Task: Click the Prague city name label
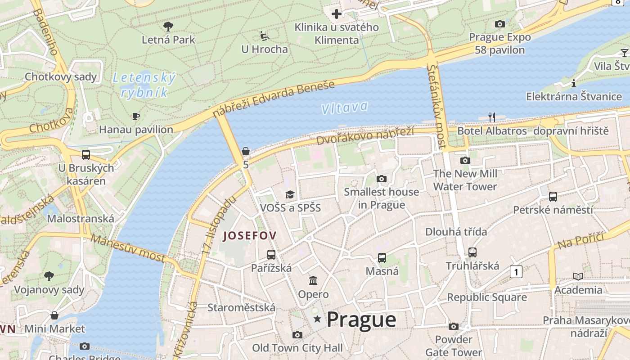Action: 361,319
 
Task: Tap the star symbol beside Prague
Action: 318,319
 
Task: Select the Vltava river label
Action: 344,108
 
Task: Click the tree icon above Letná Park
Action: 168,26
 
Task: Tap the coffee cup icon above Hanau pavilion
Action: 136,117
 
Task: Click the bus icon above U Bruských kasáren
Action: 86,155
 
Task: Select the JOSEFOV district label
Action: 250,235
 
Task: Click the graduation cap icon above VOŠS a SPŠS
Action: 290,194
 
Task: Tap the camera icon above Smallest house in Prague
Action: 382,179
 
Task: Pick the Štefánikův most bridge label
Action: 437,106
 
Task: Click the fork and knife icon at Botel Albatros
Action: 492,117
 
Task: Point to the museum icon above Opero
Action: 313,281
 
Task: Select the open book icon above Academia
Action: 578,276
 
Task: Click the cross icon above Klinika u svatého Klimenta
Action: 337,14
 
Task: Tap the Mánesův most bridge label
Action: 128,248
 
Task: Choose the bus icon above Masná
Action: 382,258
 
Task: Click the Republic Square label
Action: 486,297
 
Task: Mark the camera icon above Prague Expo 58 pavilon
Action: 499,24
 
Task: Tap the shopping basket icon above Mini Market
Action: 54,315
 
